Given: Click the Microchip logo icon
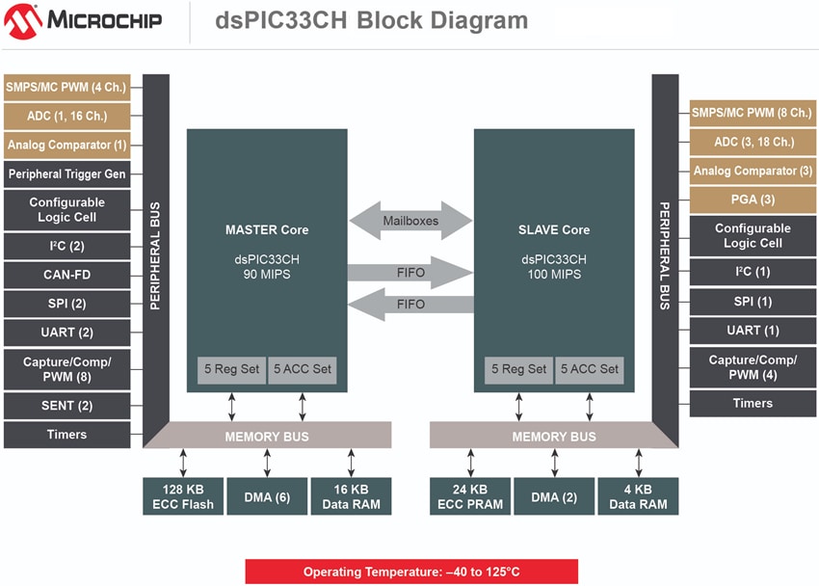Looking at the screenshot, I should click(21, 20).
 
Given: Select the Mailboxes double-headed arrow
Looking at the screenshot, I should click(409, 220).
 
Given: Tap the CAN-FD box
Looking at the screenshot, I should click(66, 275).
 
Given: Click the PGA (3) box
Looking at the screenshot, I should click(753, 200).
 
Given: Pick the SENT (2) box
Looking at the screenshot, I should click(66, 406).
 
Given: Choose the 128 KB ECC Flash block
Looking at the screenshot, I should click(183, 496).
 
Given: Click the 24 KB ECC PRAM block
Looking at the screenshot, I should click(469, 496).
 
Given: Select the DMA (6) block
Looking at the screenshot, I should click(266, 496).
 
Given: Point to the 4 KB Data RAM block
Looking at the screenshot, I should click(637, 496).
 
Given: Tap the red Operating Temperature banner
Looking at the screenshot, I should click(411, 572).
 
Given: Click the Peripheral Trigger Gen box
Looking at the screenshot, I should click(66, 174).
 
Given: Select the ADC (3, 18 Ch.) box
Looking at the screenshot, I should click(753, 142).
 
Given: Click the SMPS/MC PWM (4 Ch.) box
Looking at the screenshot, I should click(66, 87).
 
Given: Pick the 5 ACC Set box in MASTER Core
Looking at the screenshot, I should click(303, 369).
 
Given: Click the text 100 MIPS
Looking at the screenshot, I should click(554, 276).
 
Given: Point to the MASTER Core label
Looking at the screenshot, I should click(267, 229).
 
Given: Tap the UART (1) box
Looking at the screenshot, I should click(753, 331).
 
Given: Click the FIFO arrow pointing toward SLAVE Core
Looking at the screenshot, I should click(409, 272).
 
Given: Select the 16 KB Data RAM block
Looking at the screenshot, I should click(351, 496).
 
